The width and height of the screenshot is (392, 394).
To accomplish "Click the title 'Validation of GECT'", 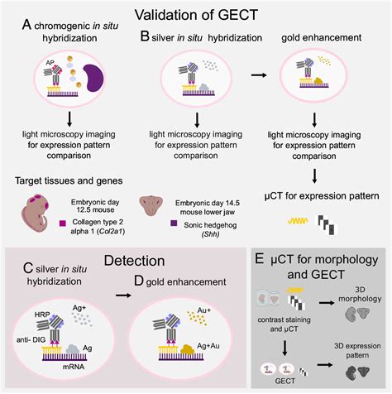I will (x=197, y=13).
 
